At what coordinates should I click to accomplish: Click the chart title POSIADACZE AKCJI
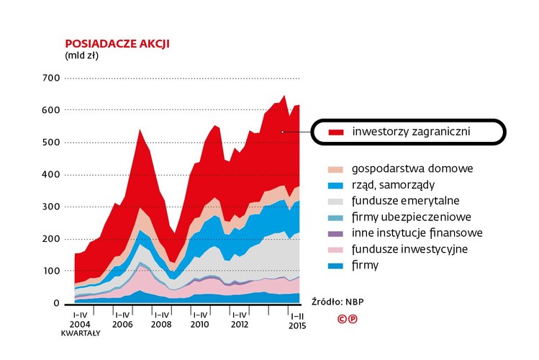[117, 43]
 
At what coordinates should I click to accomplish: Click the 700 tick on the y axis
[50, 78]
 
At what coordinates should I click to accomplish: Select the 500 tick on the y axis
[50, 143]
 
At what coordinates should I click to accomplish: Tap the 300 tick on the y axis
[50, 207]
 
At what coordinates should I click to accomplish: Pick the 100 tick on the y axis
[50, 271]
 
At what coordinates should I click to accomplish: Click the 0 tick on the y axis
[56, 303]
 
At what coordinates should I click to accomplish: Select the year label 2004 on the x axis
[80, 324]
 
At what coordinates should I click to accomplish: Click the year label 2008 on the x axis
[162, 324]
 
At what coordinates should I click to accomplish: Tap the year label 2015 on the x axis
[297, 325]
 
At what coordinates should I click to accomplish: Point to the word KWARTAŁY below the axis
[80, 333]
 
